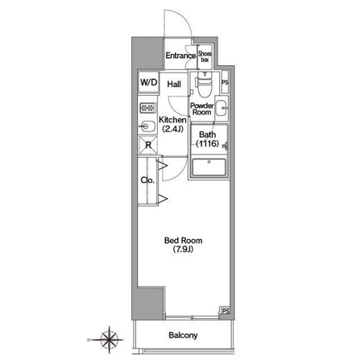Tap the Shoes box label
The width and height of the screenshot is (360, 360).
205,56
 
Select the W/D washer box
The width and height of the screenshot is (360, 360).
148,82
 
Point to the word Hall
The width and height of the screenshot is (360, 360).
174,85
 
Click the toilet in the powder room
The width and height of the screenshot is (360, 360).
205,85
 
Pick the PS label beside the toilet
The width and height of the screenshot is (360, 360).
225,82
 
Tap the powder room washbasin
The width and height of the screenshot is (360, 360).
221,108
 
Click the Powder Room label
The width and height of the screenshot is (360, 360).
202,109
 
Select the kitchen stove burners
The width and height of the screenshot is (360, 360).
147,108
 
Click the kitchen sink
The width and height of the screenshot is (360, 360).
147,126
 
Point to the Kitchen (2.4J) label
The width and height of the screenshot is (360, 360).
172,124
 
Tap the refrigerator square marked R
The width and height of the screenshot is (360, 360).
148,145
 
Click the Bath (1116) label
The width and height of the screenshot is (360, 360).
208,139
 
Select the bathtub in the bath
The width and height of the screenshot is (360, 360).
209,167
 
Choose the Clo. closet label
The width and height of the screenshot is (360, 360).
147,180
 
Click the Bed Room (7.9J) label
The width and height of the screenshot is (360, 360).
183,245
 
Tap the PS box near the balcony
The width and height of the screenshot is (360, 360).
225,311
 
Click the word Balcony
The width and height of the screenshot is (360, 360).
183,335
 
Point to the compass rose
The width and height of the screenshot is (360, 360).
109,340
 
